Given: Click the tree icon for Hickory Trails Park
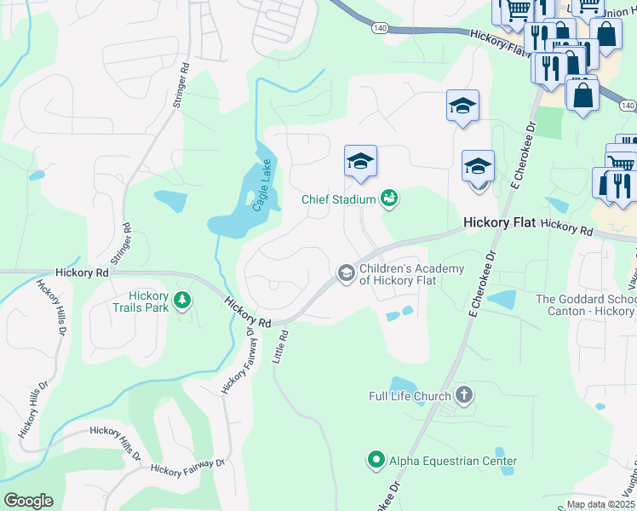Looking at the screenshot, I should pos(181,300).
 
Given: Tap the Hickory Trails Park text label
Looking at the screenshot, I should pos(142,301).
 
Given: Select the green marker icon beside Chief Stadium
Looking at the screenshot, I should pos(390,198).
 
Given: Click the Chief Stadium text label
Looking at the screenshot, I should pos(339,199).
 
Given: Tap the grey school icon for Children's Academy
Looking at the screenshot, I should pos(346,273).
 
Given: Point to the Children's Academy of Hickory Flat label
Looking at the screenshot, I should pos(412,275).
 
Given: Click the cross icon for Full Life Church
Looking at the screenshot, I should pos(463,394).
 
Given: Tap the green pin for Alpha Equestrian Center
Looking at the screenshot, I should pos(376,461).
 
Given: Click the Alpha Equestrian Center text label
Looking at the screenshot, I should pos(441,462).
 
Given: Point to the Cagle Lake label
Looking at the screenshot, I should pos(261,185).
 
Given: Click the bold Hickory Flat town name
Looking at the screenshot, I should pos(498,222).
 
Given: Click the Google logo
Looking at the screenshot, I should pos(28,501).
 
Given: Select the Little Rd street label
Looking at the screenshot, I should pos(282,348).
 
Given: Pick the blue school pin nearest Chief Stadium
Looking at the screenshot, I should pos(360,161).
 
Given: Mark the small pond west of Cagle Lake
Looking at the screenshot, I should pos(171,202).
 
